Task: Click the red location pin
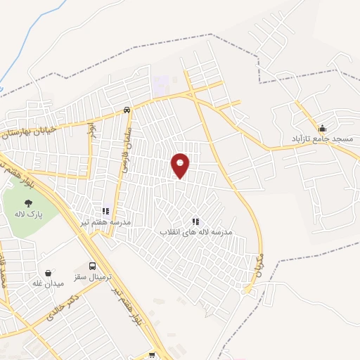coord(180,165)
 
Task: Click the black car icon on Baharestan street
coord(127,110)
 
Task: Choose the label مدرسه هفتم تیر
coord(105,221)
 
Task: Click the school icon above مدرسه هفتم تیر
coord(105,210)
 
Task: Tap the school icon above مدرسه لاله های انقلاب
coord(195,221)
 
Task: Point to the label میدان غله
coord(48,283)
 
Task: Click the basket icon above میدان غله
coord(48,272)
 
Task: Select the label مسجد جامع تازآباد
coord(323,139)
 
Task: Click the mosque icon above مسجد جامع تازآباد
coord(323,128)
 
